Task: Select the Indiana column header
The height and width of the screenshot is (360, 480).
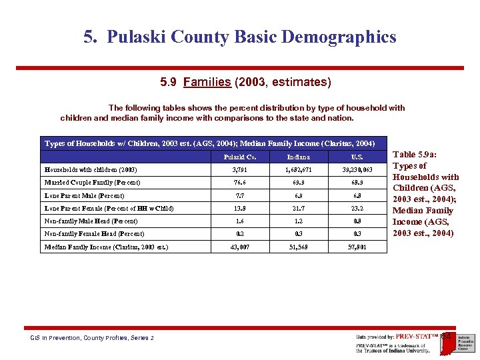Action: click(x=298, y=157)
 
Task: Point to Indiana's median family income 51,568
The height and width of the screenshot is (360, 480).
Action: click(x=298, y=247)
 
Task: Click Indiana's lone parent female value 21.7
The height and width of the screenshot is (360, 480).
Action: click(x=298, y=209)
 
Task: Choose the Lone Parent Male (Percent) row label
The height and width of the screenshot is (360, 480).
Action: click(x=84, y=196)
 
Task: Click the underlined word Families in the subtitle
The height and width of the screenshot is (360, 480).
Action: click(x=207, y=83)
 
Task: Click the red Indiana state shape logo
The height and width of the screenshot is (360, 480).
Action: click(x=447, y=339)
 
